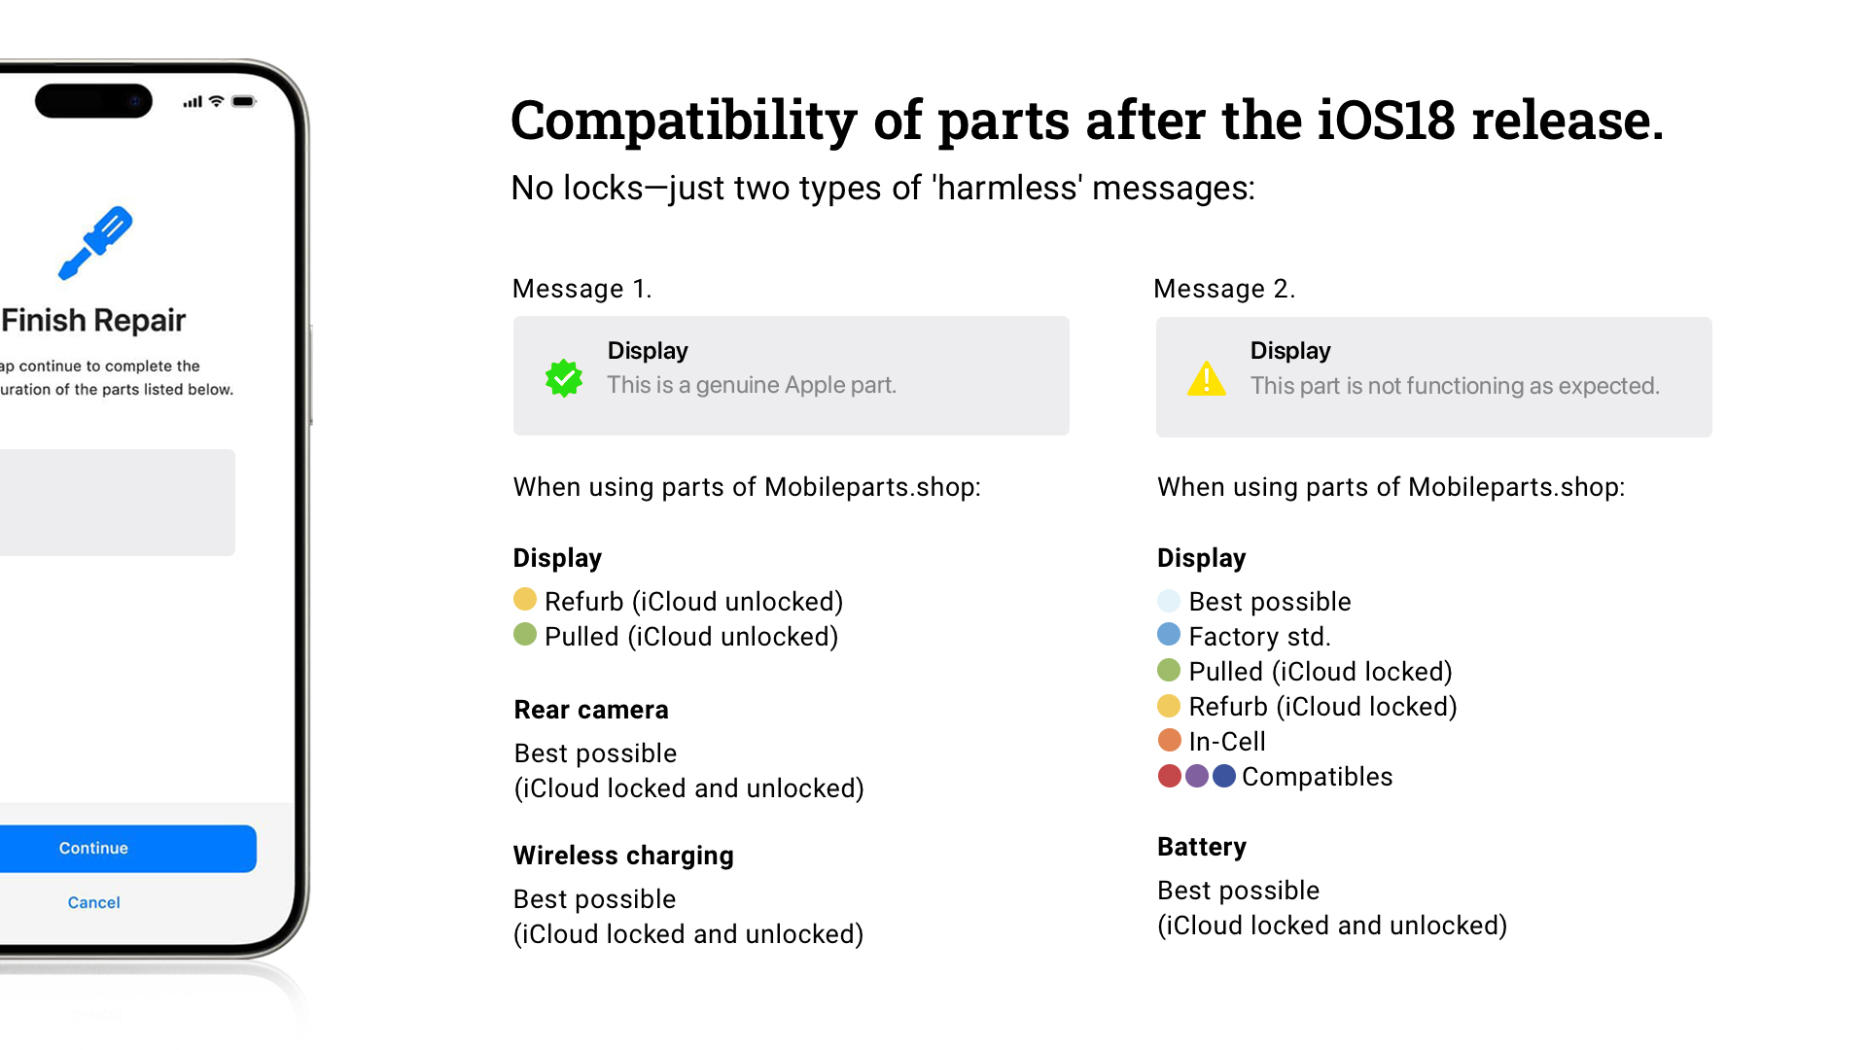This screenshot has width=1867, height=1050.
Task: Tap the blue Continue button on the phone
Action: coord(127,848)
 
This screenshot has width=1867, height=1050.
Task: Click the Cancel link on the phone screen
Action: coord(94,902)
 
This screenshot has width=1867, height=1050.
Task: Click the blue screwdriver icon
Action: coord(95,243)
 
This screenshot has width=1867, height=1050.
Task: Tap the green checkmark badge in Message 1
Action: coord(564,378)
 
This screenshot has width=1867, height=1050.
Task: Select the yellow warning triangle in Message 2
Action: coord(1207,378)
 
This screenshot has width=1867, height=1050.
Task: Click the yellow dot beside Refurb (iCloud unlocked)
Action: coord(525,599)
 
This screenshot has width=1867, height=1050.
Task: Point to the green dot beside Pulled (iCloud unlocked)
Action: coord(525,634)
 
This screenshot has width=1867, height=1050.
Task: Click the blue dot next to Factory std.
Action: coord(1169,634)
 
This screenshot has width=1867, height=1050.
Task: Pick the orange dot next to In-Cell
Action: coord(1169,740)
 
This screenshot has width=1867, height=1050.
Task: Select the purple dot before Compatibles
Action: coord(1197,775)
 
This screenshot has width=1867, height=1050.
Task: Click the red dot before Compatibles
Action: coord(1170,775)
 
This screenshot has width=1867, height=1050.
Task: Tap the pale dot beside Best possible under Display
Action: coord(1169,600)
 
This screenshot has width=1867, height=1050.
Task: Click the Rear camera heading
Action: coord(591,710)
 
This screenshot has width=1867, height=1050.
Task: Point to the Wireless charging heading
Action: coord(623,856)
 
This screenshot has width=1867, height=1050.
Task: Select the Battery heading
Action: coord(1202,847)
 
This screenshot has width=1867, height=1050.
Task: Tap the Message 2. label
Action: coord(1224,289)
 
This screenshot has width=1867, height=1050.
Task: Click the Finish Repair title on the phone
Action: coord(93,320)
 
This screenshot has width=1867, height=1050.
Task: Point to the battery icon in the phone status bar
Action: coord(244,101)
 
